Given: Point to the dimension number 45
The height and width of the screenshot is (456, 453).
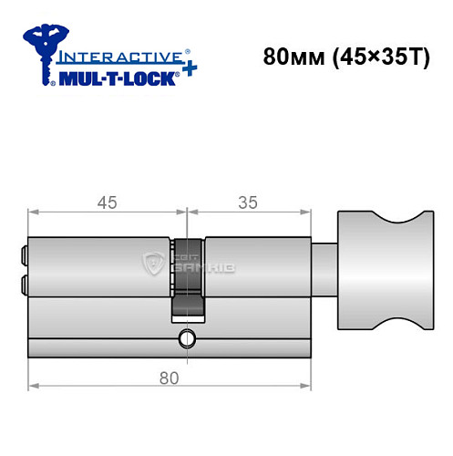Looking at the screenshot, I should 107,203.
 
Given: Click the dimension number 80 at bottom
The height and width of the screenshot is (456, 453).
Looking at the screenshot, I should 167,377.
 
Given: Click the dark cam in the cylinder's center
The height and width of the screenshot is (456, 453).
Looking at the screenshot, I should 188,278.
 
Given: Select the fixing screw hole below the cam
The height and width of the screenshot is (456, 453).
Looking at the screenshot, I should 188,339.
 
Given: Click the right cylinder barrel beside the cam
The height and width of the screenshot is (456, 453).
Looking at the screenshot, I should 259,267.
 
